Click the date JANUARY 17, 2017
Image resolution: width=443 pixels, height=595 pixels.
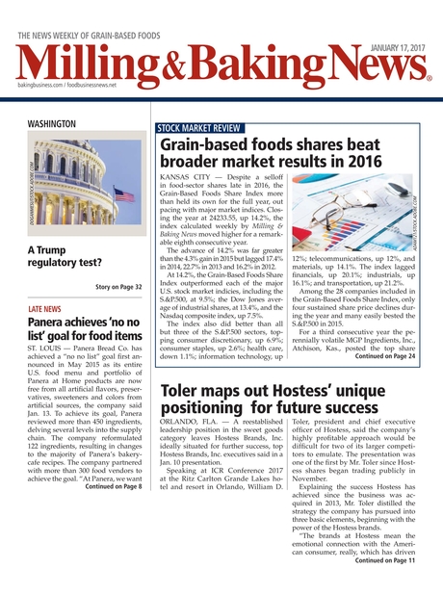(397, 24)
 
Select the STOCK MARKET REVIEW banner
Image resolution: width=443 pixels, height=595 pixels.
(201, 128)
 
